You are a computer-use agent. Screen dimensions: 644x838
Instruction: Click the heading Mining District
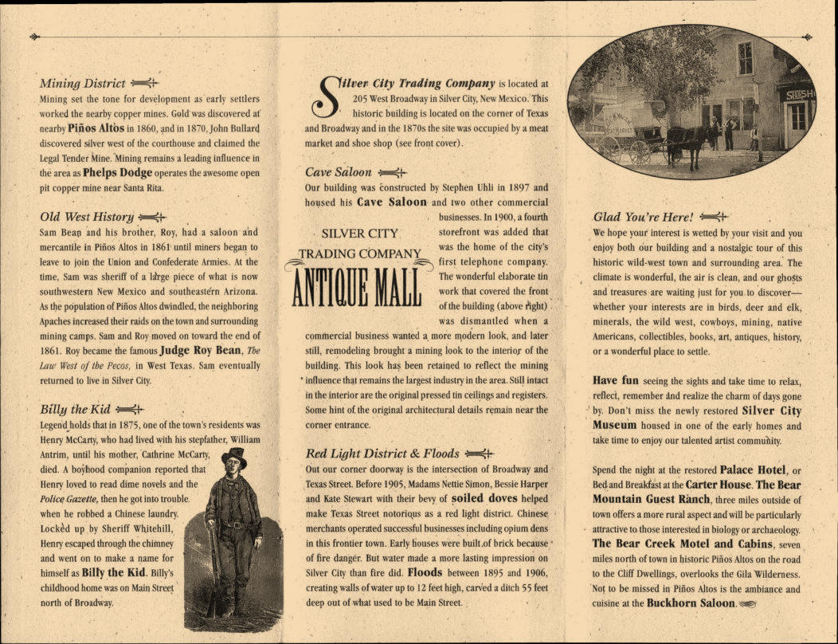click(82, 83)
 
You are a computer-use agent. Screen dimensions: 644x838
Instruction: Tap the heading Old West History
click(87, 217)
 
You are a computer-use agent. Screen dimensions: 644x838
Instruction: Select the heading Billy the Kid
click(75, 410)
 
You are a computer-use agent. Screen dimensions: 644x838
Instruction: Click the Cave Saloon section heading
click(338, 172)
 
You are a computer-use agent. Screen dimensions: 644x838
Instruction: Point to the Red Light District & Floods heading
click(382, 454)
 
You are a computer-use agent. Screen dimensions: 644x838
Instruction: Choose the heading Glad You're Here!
click(643, 217)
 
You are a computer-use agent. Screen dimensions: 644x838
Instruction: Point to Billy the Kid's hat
click(233, 456)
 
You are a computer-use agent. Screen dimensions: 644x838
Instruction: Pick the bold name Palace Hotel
click(751, 469)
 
